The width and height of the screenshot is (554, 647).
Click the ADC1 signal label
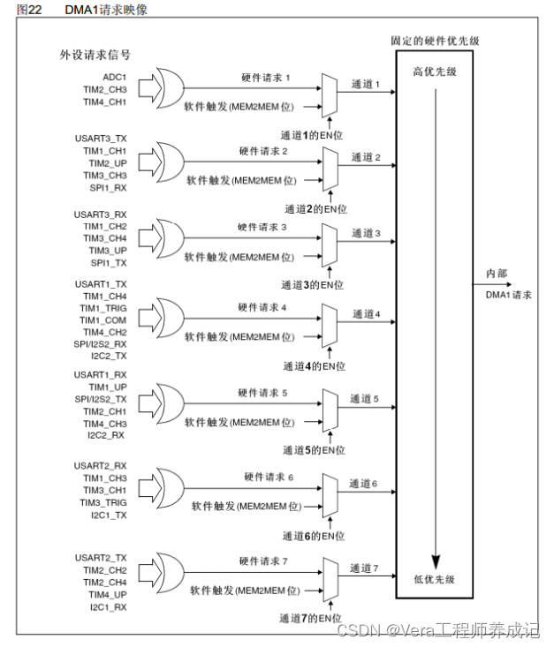coord(115,77)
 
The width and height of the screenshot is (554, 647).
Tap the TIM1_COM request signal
coord(105,320)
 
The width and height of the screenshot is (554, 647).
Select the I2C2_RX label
coord(107,435)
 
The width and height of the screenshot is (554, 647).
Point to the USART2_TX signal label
coord(102,558)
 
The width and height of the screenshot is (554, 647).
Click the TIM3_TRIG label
coord(103,502)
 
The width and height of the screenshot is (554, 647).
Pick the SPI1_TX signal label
coord(110,263)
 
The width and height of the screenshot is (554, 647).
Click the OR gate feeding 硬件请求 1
coord(168,89)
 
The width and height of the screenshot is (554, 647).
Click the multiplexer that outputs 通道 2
coord(330,165)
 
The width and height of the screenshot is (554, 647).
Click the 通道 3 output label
coord(366,233)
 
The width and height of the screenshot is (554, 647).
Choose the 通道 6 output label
coord(363,484)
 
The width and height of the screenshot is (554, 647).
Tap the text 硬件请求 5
coord(262,392)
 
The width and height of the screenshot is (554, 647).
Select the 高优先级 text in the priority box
coord(434,71)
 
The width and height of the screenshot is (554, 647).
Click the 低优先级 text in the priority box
coord(435,579)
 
